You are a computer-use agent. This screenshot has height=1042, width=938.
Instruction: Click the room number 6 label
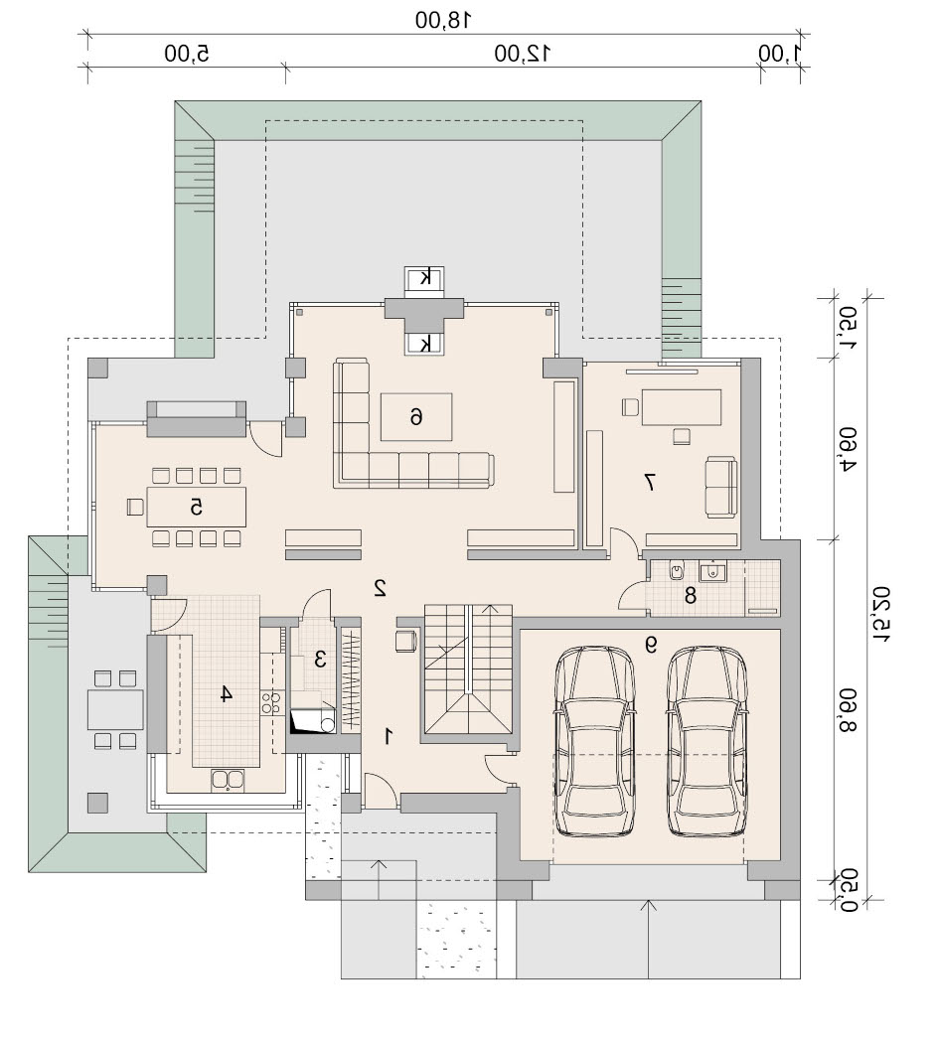(415, 417)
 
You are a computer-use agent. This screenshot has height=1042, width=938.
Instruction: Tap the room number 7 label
(650, 482)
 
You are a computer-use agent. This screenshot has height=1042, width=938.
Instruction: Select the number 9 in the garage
(650, 644)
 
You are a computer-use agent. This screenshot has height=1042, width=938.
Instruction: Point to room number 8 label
(690, 595)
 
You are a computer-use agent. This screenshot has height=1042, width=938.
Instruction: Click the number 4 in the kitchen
(226, 694)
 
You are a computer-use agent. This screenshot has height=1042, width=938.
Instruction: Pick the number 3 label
(320, 660)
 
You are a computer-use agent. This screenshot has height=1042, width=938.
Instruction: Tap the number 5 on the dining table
(196, 507)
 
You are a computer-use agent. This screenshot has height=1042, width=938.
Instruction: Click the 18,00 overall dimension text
(443, 20)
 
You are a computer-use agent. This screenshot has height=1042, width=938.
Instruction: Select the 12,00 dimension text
(522, 54)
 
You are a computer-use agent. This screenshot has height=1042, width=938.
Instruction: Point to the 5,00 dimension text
(187, 54)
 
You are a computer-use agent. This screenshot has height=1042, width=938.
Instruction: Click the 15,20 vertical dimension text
(881, 614)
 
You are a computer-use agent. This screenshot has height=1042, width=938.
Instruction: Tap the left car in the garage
(595, 741)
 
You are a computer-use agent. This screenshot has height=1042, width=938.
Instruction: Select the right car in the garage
(706, 741)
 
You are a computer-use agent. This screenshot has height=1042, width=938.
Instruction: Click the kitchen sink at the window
(228, 780)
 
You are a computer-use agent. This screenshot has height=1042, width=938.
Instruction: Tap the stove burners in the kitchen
(270, 703)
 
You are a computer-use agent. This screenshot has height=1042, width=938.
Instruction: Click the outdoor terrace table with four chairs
(115, 709)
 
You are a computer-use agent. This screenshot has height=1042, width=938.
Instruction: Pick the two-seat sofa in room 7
(721, 487)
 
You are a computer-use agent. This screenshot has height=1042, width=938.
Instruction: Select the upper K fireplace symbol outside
(425, 278)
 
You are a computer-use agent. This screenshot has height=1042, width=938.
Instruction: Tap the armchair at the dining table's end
(135, 507)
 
